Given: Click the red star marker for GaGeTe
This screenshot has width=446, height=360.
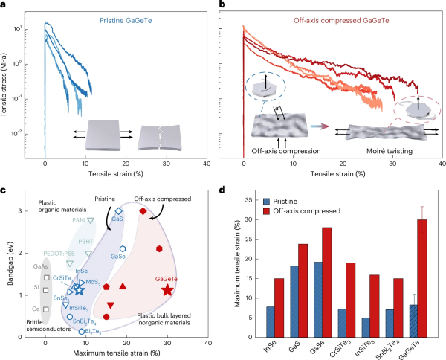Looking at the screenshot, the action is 167,290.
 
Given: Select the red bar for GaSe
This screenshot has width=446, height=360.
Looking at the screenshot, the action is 327,283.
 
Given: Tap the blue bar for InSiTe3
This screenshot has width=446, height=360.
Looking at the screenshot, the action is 366,327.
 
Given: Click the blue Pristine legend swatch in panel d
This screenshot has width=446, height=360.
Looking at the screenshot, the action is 266,202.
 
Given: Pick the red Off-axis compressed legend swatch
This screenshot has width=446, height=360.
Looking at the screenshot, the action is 266,211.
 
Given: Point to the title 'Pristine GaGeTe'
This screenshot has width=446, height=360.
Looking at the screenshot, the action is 126,21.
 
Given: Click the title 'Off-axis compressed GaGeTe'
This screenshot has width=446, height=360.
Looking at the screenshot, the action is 341,21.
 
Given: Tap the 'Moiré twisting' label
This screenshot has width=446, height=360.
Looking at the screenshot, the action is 390,151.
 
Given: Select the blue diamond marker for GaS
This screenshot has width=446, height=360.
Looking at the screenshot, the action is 119,211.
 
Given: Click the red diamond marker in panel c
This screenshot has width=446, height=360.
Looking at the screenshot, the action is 143,211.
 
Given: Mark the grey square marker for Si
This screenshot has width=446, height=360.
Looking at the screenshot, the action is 46,290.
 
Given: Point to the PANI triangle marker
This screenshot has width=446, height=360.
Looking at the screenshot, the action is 91,221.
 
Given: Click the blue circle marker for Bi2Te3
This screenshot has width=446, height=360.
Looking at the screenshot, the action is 82,332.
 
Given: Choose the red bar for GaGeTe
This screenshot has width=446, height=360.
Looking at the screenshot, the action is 422,278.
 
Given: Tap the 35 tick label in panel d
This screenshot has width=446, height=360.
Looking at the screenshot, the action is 248,200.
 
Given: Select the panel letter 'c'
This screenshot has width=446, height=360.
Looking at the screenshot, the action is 3,190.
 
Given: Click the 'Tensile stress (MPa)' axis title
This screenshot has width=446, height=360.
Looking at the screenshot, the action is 4,85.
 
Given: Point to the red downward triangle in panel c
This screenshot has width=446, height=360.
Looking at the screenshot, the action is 111,306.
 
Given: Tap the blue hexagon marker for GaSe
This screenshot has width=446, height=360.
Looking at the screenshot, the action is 123,248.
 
